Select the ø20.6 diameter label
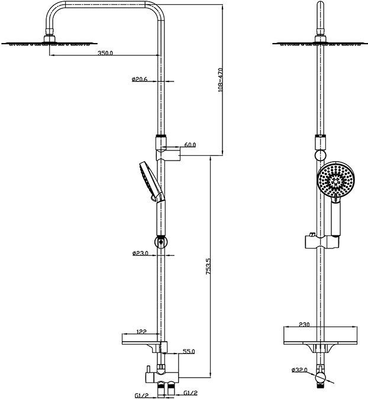point(140,79)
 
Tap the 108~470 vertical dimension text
point(219,80)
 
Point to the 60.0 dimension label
point(190,144)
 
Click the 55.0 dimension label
point(188,351)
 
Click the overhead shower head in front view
point(320,42)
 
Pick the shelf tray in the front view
point(320,336)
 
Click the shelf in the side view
point(141,341)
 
